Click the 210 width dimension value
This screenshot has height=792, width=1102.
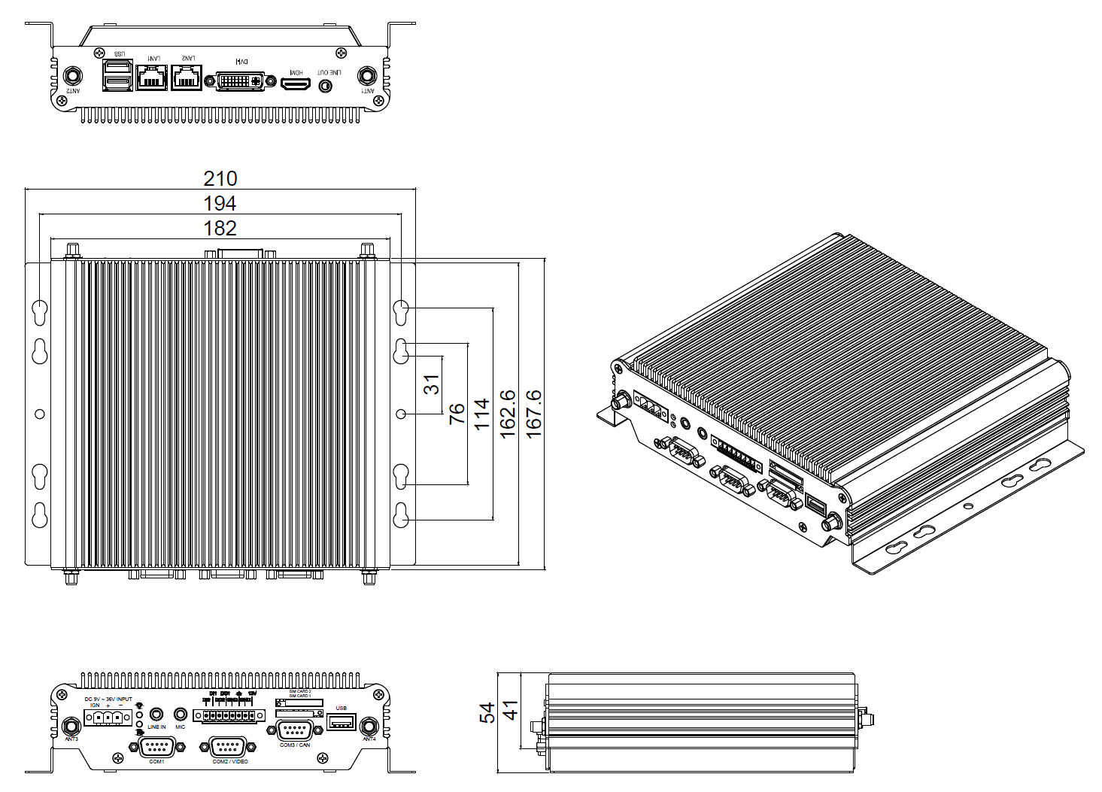[x=220, y=178]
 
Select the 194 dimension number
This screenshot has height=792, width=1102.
[x=220, y=203]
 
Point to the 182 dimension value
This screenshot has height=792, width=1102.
[x=220, y=228]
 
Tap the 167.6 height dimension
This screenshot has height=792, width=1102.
[x=532, y=414]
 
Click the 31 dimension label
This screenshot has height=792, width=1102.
[x=432, y=385]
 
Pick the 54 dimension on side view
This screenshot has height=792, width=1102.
[x=487, y=712]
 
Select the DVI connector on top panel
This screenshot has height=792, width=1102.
[x=241, y=80]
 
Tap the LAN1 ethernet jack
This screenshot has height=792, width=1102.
[x=151, y=77]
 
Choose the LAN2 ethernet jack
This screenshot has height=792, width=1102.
[x=187, y=77]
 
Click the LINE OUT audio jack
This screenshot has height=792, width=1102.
[x=326, y=84]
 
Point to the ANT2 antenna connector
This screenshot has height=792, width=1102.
[x=73, y=77]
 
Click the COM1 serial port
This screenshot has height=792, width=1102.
[x=156, y=748]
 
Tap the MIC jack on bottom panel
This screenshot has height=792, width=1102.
[x=181, y=714]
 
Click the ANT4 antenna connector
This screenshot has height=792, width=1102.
[x=369, y=726]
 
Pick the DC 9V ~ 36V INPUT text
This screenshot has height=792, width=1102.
[x=108, y=699]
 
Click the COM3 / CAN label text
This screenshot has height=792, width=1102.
[x=294, y=745]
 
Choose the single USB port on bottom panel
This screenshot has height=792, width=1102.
[x=342, y=722]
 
